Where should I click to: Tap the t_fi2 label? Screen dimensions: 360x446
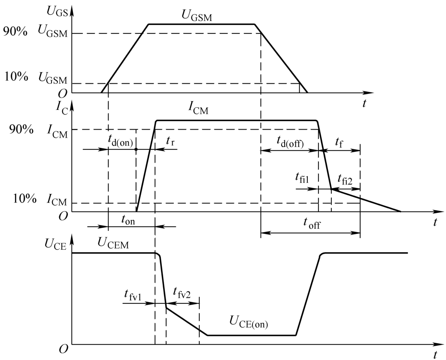345,178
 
